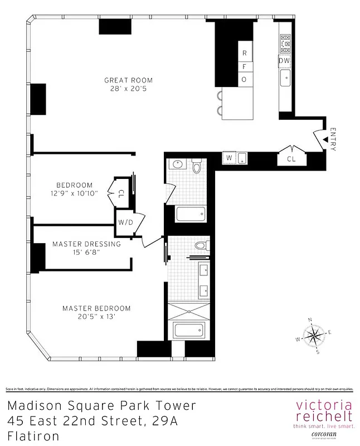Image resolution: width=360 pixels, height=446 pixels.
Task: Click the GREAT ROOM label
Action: pyautogui.click(x=128, y=80)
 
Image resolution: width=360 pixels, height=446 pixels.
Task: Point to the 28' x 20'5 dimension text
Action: pyautogui.click(x=128, y=89)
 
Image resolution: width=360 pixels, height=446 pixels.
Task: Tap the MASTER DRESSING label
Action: pyautogui.click(x=86, y=244)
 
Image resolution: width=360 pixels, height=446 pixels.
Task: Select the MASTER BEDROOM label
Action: pyautogui.click(x=96, y=308)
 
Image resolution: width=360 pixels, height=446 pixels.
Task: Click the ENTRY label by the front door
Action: pyautogui.click(x=333, y=139)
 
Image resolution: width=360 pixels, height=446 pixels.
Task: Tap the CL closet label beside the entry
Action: pyautogui.click(x=291, y=159)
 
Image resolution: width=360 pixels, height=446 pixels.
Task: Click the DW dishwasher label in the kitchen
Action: pyautogui.click(x=284, y=60)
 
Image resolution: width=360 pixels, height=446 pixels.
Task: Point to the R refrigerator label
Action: pyautogui.click(x=244, y=54)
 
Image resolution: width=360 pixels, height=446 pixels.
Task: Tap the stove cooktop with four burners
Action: pyautogui.click(x=285, y=42)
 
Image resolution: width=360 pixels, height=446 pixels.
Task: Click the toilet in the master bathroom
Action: pyautogui.click(x=201, y=245)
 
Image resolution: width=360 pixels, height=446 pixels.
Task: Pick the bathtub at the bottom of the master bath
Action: pyautogui.click(x=189, y=329)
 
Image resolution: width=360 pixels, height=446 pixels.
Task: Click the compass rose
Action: pyautogui.click(x=314, y=336)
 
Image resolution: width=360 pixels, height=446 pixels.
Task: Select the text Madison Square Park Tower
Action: pyautogui.click(x=102, y=405)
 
